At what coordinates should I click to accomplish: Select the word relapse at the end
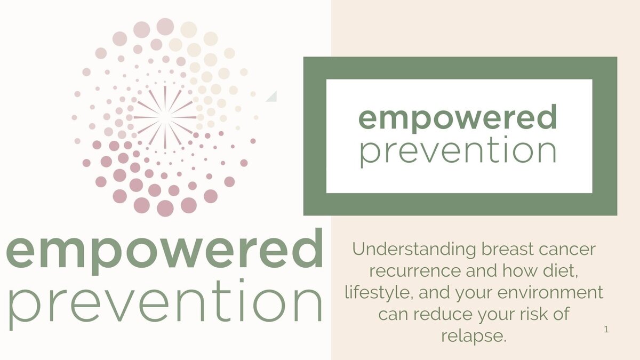474,337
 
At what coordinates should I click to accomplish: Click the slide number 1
606,330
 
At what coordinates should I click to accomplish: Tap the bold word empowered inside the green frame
458,118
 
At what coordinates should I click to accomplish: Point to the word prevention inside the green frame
458,151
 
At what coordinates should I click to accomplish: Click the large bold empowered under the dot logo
165,251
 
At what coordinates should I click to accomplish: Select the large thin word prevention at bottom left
166,305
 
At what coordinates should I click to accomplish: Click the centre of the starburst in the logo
165,117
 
